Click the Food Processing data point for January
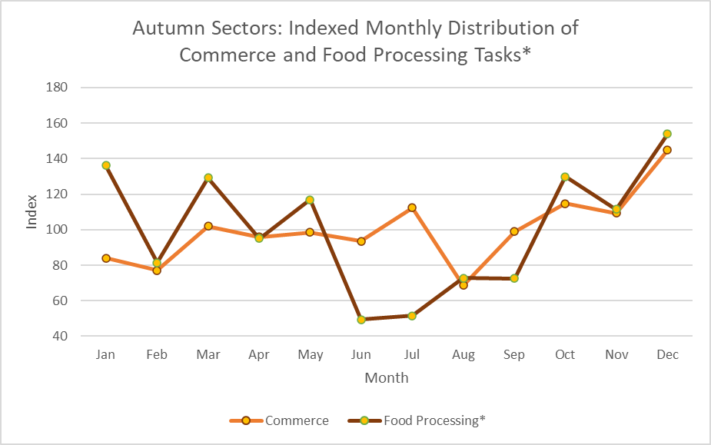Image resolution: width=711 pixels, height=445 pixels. tap(106, 165)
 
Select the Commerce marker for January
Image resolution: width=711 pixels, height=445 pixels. tap(106, 258)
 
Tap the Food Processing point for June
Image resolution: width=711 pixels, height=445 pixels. tap(361, 320)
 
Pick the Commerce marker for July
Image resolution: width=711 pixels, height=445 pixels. tap(412, 208)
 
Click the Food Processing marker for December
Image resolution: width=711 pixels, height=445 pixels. tap(667, 134)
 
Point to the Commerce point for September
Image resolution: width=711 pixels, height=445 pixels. tap(514, 231)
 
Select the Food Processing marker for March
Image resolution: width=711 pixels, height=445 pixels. tap(208, 178)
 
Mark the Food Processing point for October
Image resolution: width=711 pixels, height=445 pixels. tap(565, 177)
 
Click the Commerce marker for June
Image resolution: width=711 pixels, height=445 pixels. tap(361, 241)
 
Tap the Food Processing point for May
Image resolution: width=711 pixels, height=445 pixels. tap(310, 200)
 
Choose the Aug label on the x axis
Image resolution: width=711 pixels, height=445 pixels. tap(463, 355)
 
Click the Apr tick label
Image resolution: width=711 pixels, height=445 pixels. tap(259, 355)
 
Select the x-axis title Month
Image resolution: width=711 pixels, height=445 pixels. tap(387, 378)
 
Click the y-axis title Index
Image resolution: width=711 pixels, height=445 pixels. tap(32, 212)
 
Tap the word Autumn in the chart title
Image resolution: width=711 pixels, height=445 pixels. tap(161, 28)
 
